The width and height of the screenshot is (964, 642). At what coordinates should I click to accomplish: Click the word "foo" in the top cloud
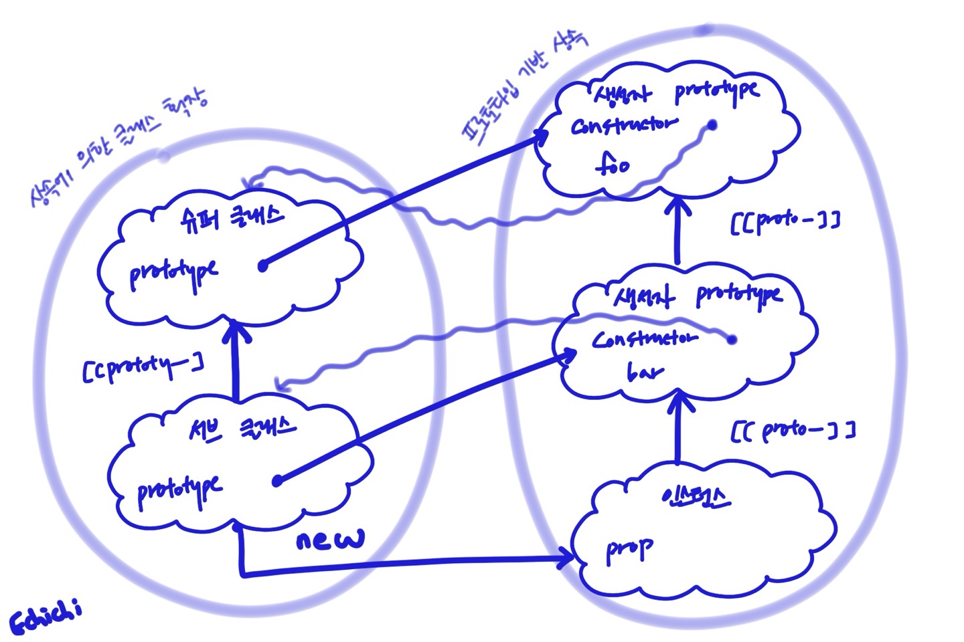(x=612, y=164)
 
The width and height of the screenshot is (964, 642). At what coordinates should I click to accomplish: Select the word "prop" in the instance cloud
(x=629, y=550)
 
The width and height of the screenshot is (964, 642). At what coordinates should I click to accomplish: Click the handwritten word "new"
(x=331, y=538)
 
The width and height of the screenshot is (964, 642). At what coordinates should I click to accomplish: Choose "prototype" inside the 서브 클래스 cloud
(x=179, y=491)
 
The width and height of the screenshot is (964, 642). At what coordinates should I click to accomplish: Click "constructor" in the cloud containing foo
(x=623, y=125)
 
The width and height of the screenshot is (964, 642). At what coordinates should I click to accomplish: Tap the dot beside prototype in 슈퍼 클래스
(x=263, y=265)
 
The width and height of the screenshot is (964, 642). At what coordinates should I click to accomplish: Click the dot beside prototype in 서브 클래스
(x=278, y=480)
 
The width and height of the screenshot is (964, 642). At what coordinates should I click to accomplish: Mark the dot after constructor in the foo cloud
(x=712, y=125)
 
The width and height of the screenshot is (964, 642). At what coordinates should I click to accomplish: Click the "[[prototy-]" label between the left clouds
(x=143, y=367)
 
